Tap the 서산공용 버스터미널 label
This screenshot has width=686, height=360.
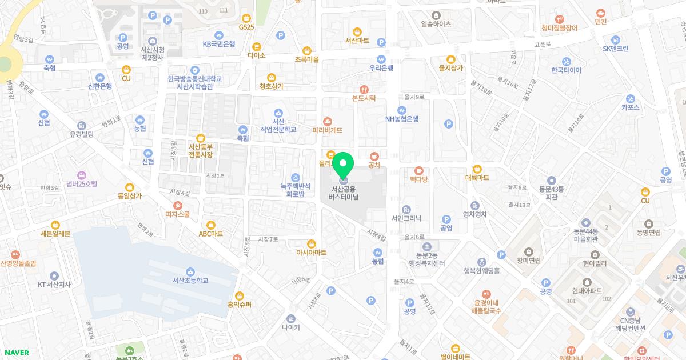344,193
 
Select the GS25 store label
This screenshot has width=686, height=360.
246,27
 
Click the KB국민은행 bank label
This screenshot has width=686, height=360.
219,44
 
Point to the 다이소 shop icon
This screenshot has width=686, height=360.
257,46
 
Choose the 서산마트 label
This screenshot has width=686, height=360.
357,41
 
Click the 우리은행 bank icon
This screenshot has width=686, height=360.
381,58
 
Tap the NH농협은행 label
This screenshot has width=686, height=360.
402,119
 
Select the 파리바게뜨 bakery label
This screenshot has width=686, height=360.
328,130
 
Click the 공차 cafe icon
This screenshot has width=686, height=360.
374,155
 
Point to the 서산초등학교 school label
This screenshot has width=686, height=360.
190,281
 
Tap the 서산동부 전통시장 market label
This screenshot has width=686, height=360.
200,150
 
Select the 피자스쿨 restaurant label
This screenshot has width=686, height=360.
178,214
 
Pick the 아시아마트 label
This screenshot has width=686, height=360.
311,252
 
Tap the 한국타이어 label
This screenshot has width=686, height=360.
566,70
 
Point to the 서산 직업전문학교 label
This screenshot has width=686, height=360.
278,126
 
